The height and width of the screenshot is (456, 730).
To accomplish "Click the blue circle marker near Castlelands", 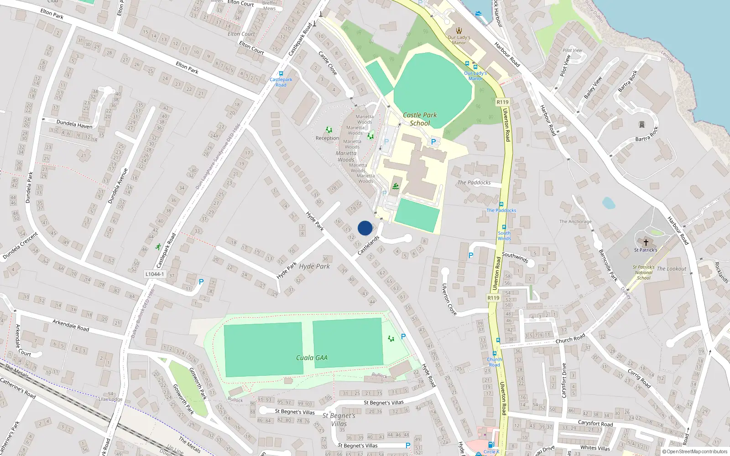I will tap(365, 228).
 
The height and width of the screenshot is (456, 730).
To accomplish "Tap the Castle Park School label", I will tap(420, 119).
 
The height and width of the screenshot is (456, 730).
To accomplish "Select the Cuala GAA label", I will tap(312, 358).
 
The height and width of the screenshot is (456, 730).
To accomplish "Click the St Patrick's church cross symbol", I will tap(646, 242).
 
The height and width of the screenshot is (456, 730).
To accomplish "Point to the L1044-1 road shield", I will tap(155, 274).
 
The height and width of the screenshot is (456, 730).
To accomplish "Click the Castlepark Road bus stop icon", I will tap(281, 73).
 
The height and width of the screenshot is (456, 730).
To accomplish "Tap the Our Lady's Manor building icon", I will tap(459, 31).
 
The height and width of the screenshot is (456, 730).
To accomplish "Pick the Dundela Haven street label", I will tap(74, 124).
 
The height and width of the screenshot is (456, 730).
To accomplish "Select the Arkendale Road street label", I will tap(71, 325).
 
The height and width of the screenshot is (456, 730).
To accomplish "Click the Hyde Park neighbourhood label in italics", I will tap(314, 266).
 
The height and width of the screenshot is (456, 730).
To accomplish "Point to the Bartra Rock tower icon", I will tap(642, 124).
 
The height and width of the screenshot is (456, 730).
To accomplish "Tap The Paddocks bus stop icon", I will tap(501, 204).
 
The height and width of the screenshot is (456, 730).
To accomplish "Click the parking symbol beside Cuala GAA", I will tap(403, 337).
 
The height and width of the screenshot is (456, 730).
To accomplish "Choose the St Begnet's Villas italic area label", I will tap(339, 420).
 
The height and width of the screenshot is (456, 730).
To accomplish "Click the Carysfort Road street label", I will tap(595, 424).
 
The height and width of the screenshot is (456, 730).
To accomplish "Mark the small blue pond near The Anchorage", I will tap(608, 203).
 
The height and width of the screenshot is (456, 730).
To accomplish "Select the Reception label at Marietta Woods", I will tap(327, 138).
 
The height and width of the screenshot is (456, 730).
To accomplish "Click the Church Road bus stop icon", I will tap(494, 353).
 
